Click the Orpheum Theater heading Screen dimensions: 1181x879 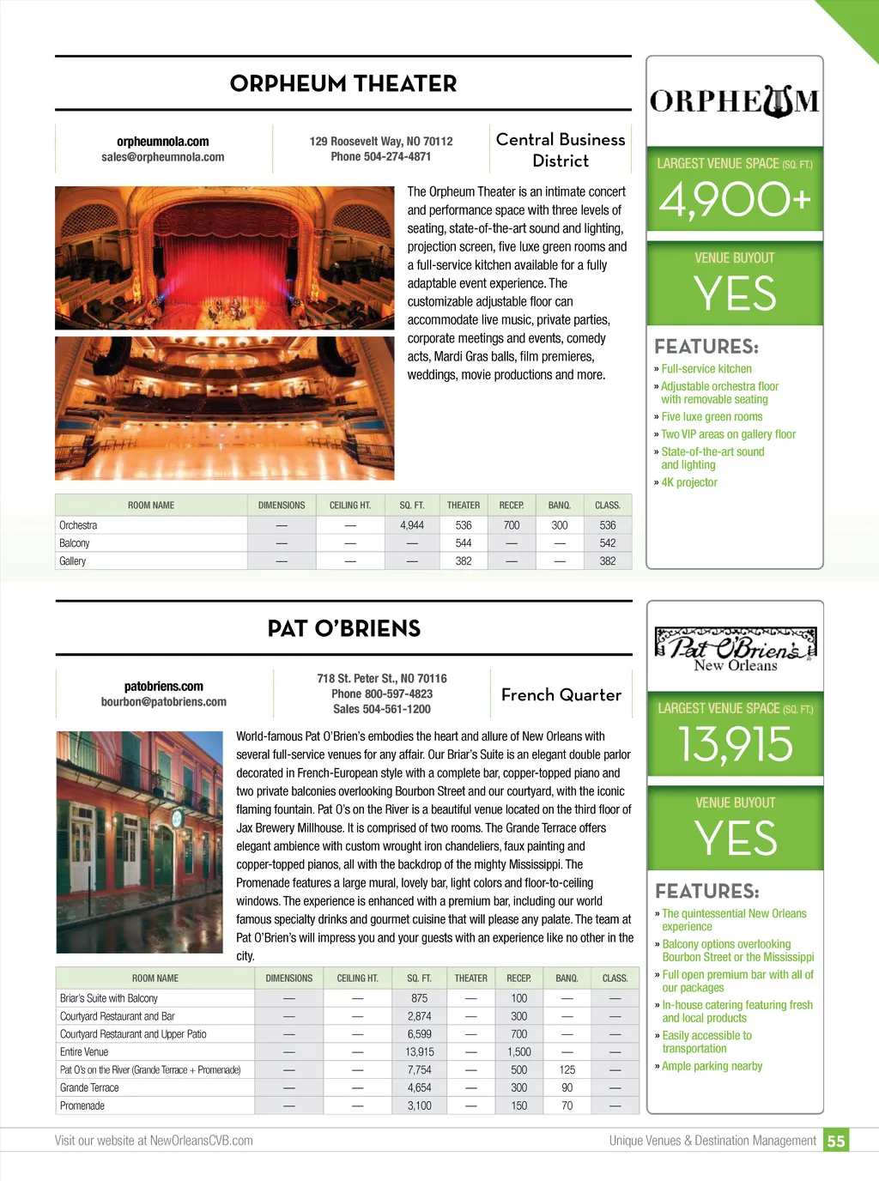[x=343, y=84]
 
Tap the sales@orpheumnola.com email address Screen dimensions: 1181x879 [x=162, y=157]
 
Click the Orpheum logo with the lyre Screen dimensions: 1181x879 [x=735, y=101]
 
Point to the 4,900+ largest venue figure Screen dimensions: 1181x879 [x=735, y=200]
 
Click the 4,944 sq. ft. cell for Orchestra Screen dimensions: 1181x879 [x=412, y=525]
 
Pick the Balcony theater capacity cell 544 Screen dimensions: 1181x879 [x=464, y=543]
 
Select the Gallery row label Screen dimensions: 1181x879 [x=73, y=561]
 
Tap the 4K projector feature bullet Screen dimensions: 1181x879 [x=688, y=482]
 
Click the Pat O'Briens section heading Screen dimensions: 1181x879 [x=343, y=629]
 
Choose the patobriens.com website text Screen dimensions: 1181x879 [x=163, y=687]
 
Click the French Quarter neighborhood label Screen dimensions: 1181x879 [x=561, y=695]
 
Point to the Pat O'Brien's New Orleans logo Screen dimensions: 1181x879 [x=735, y=649]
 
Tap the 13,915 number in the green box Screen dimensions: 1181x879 [x=735, y=744]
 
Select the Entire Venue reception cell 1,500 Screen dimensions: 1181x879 [x=519, y=1052]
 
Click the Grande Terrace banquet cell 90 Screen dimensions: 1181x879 [x=567, y=1088]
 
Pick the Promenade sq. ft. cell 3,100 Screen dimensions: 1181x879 [x=420, y=1106]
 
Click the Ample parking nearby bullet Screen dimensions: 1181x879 [x=712, y=1066]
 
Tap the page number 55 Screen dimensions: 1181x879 [x=835, y=1142]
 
